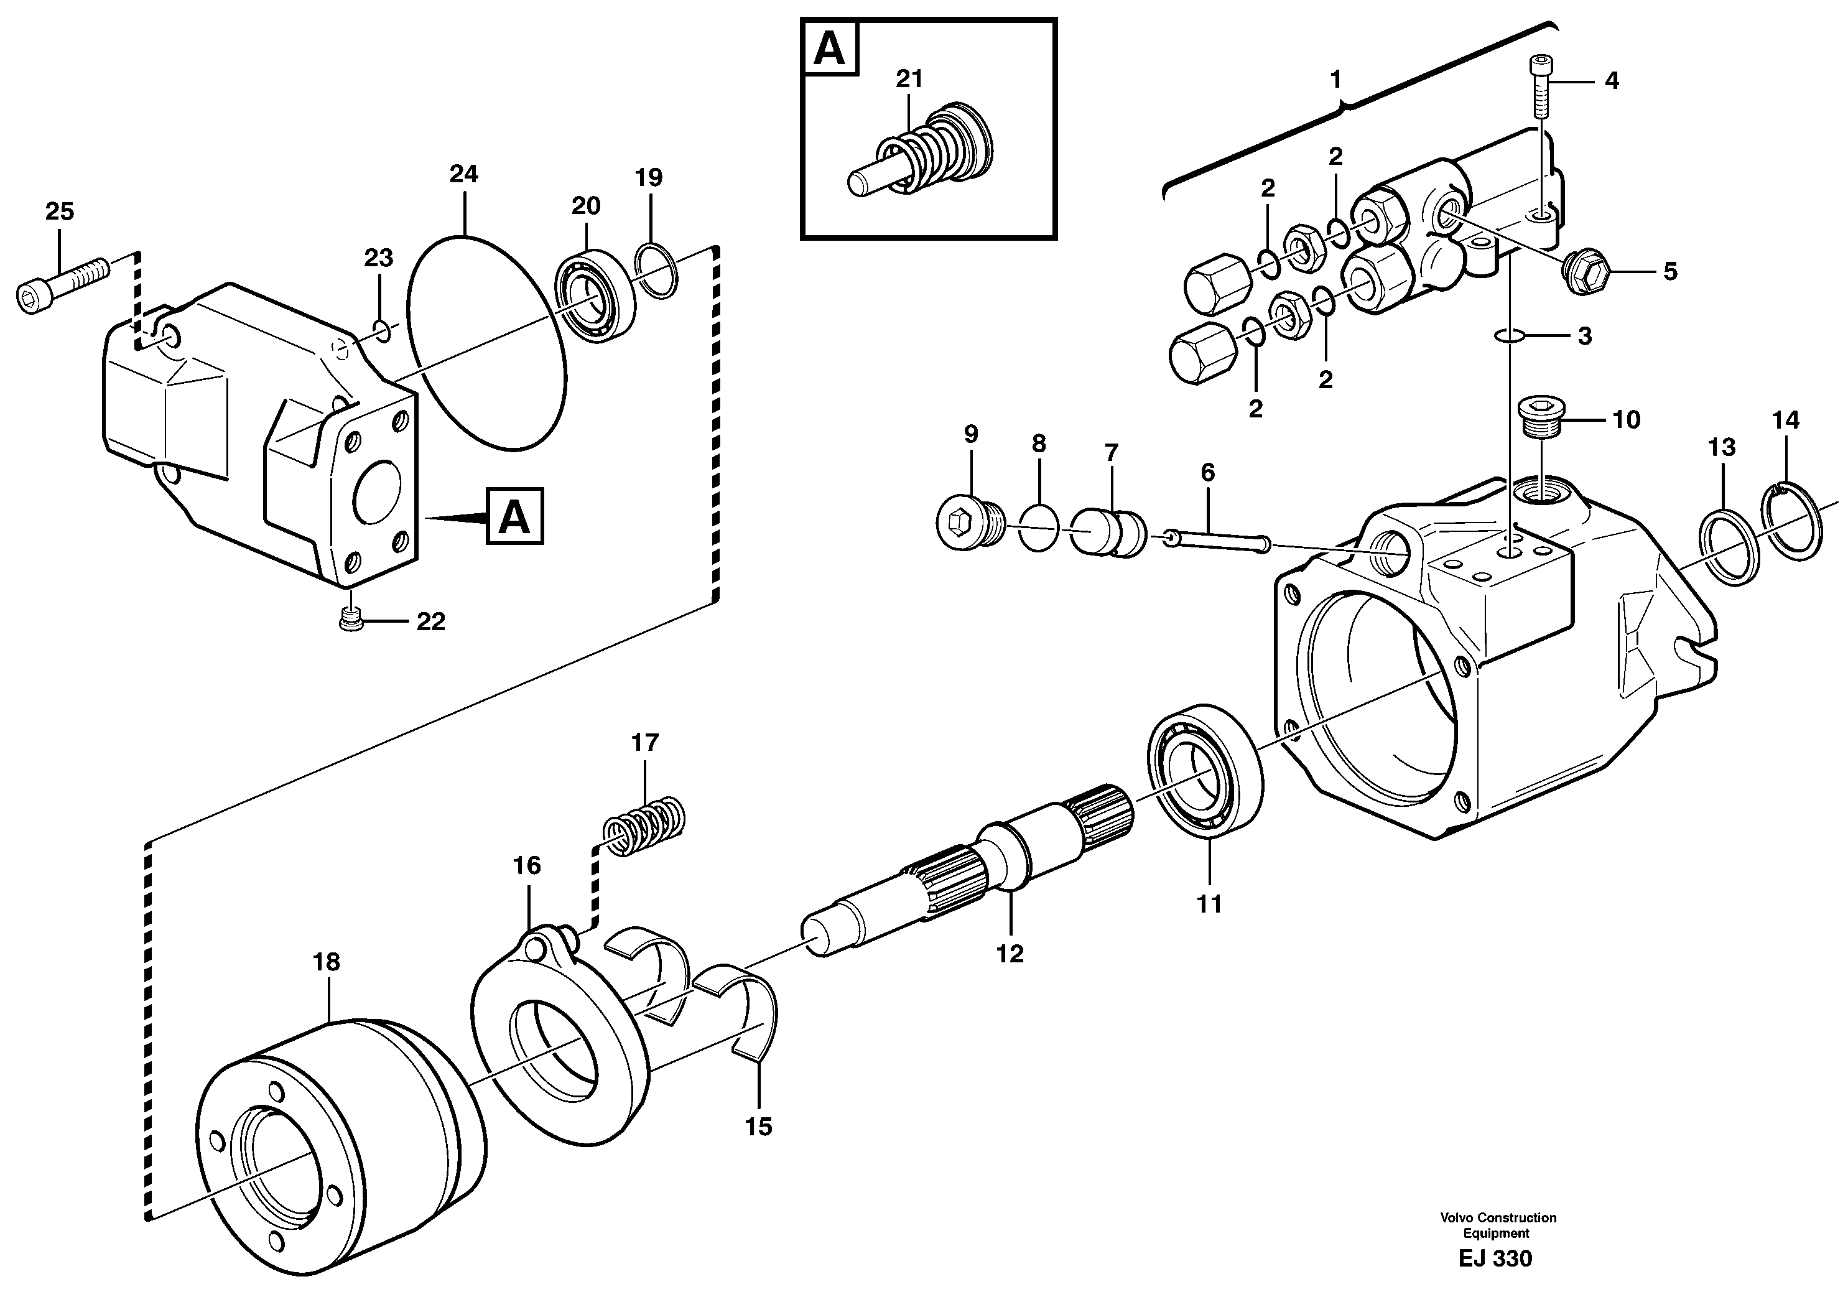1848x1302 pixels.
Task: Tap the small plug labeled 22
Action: pos(350,619)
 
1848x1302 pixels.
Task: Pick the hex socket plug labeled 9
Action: pos(969,524)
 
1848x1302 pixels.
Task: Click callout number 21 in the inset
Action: pos(909,79)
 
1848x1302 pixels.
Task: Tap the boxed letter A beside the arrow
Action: pos(514,516)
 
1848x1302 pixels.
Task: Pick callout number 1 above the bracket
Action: pos(1335,79)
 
